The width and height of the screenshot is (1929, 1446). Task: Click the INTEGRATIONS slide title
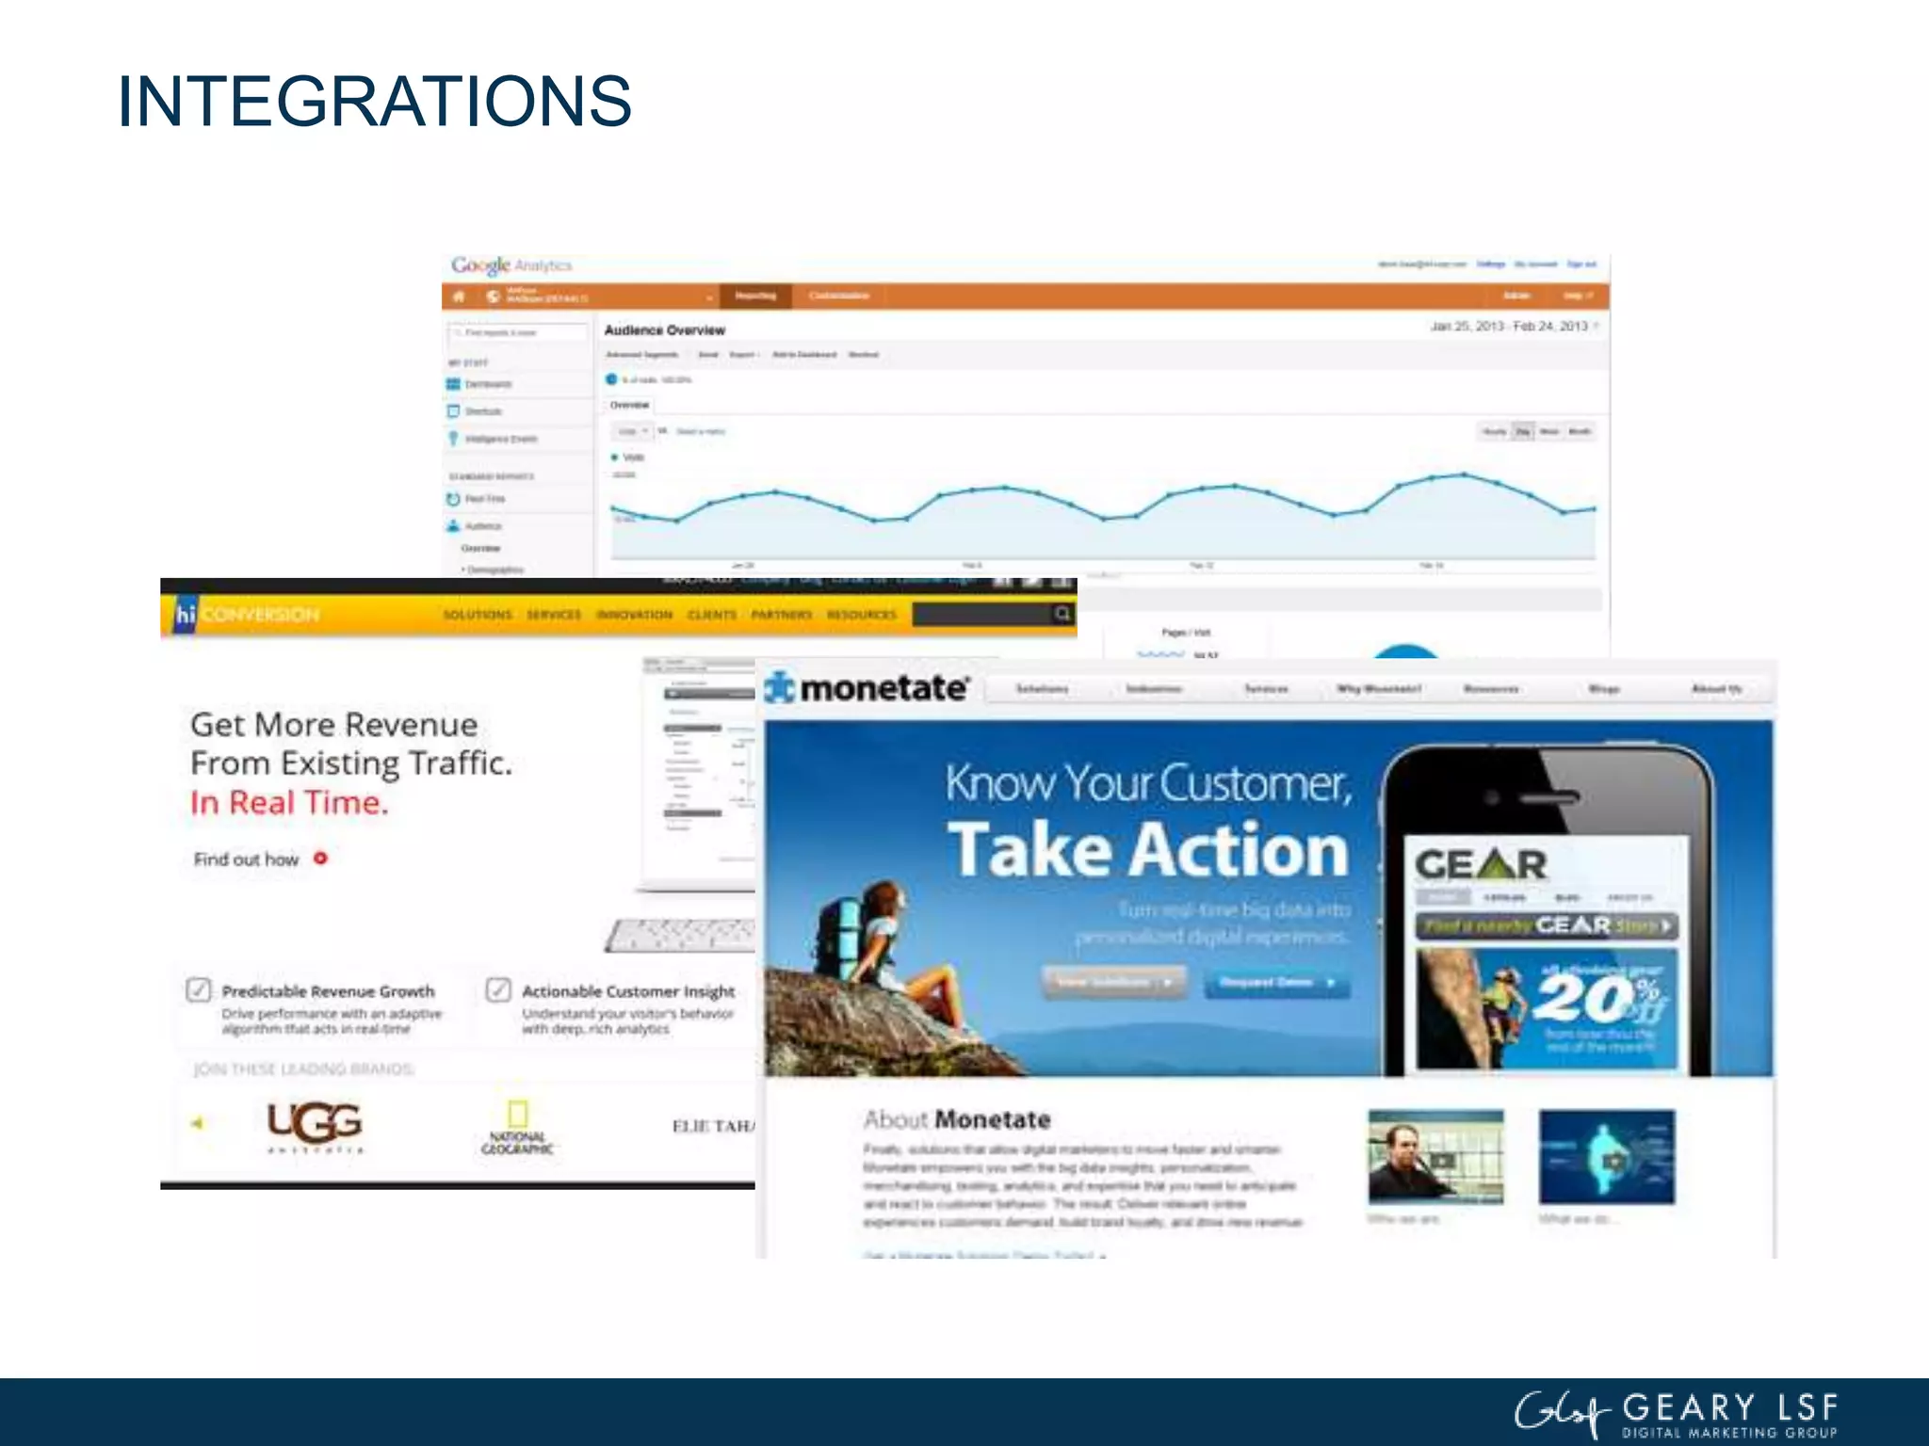click(x=374, y=101)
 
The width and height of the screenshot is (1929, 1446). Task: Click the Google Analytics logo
click(x=511, y=265)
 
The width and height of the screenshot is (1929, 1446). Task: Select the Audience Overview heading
click(x=664, y=330)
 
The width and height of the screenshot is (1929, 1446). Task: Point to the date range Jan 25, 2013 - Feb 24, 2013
click(x=1509, y=327)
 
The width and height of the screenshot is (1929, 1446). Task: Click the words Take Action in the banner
click(x=1147, y=850)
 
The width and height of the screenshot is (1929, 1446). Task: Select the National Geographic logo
click(x=517, y=1128)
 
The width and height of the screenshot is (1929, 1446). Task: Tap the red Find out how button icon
click(x=320, y=859)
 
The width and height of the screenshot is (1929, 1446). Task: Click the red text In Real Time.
click(x=288, y=803)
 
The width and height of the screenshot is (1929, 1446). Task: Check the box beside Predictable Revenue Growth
click(x=199, y=989)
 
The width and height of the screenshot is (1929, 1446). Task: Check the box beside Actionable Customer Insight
click(x=498, y=989)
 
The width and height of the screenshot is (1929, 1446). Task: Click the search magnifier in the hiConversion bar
click(x=1062, y=614)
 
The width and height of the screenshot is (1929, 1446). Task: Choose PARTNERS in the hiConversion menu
click(x=781, y=615)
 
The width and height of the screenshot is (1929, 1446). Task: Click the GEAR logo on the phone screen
click(x=1480, y=864)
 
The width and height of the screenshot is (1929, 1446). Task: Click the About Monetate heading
click(x=956, y=1120)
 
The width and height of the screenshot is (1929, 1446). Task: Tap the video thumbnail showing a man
click(x=1435, y=1157)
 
